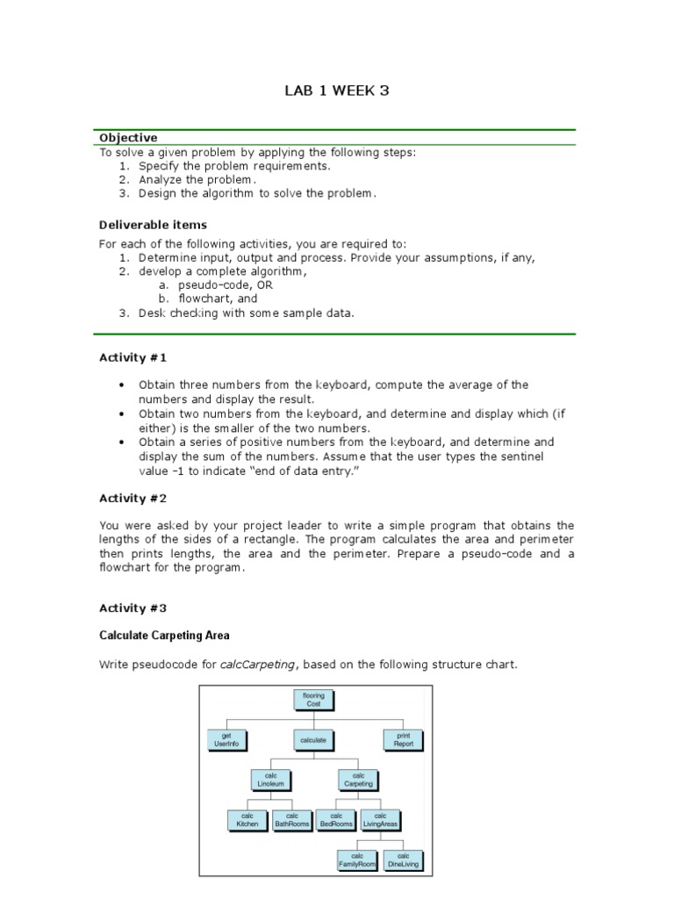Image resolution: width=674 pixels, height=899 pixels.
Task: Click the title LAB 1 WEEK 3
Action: tap(336, 90)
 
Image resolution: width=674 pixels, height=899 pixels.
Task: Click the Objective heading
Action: tap(128, 138)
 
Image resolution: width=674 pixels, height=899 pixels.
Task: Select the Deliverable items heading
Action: tap(153, 225)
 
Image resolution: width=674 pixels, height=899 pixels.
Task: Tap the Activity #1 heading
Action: tap(133, 357)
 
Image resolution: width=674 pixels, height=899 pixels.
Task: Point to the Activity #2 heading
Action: tap(133, 498)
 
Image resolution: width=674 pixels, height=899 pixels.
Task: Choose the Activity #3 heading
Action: tap(133, 608)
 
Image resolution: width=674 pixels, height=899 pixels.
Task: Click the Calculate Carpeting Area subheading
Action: tap(164, 635)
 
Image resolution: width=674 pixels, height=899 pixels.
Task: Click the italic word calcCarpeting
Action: tap(258, 665)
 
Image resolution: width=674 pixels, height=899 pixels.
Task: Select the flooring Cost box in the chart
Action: tap(313, 700)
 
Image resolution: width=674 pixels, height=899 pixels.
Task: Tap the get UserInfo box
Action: tap(226, 740)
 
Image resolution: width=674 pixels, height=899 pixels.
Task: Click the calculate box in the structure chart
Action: tap(313, 740)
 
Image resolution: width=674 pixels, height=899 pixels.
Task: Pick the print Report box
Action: tap(404, 740)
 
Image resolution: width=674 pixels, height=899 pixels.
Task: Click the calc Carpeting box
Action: tap(358, 780)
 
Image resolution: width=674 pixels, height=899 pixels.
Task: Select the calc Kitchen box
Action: tap(247, 820)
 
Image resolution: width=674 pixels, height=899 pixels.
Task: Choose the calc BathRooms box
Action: tap(291, 820)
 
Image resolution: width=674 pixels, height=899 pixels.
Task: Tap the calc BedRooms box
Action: tap(336, 820)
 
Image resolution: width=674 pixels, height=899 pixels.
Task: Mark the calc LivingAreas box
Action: tap(381, 820)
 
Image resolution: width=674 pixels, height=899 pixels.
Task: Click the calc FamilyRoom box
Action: tap(358, 859)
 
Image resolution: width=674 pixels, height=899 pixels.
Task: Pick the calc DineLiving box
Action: tap(403, 859)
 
